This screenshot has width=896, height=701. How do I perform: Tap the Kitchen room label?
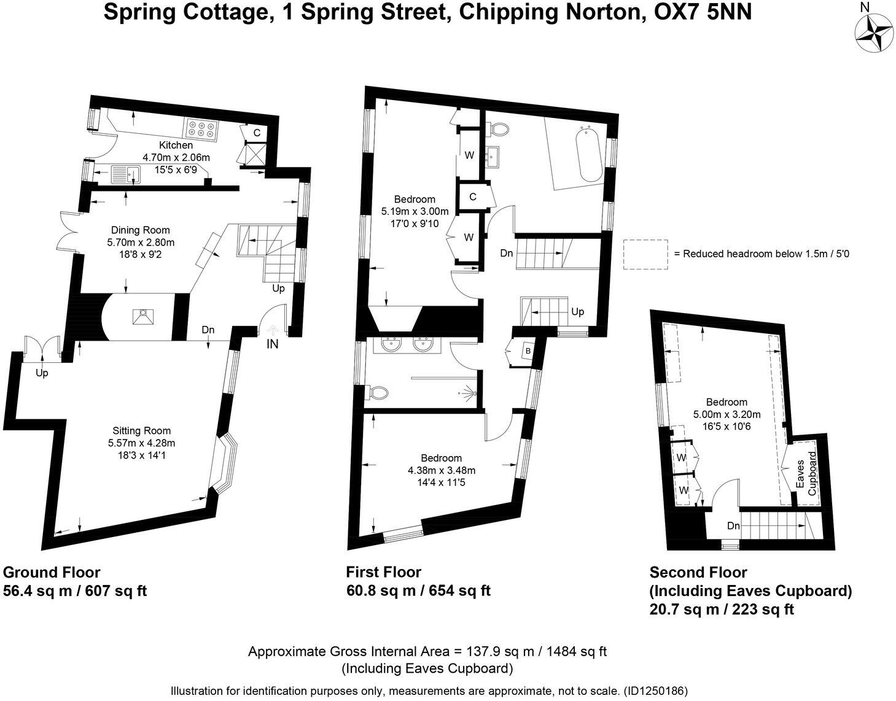176,145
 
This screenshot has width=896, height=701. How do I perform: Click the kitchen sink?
127,174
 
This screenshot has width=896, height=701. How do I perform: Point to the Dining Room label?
140,230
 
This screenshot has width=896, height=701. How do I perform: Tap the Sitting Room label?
141,431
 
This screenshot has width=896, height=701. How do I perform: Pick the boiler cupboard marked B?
527,351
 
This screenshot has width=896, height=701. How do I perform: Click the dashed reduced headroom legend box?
645,254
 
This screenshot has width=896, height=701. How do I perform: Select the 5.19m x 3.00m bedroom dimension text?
415,212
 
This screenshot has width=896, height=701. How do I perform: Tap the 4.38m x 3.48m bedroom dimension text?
441,471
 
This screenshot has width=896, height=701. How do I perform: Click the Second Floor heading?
698,572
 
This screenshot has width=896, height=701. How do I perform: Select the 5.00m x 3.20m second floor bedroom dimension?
727,414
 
